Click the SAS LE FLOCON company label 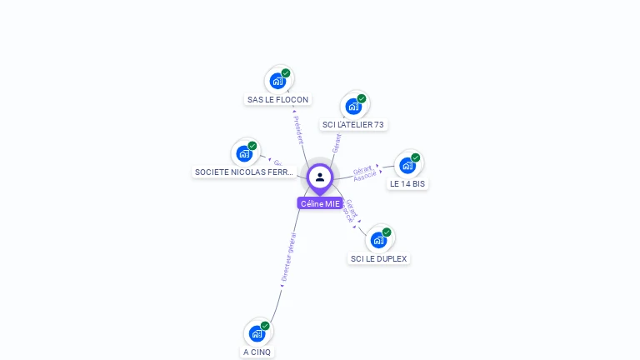(277, 100)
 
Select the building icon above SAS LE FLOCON (277, 81)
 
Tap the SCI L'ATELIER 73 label (353, 125)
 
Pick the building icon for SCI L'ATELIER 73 (353, 106)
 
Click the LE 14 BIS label (407, 183)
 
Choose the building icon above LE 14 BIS (407, 165)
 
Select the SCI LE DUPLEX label (379, 258)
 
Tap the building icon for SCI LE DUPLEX (379, 240)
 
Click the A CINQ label (257, 352)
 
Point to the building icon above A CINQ (257, 333)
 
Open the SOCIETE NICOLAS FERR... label (244, 172)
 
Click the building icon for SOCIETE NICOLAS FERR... (244, 153)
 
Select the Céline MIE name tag (320, 203)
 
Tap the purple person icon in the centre (320, 177)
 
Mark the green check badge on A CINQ (265, 326)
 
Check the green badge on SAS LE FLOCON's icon (286, 73)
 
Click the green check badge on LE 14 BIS (416, 157)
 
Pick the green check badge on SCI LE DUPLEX (387, 232)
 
